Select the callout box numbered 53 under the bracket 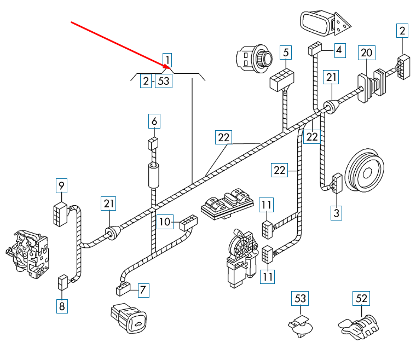coord(163,82)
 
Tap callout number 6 coord(154,121)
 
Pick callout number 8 coord(62,306)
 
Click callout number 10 coord(165,222)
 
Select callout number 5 coord(285,53)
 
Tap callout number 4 coord(339,50)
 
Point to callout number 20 coord(367,53)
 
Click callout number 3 coord(336,212)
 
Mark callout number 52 coord(361,299)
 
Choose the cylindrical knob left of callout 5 coord(253,57)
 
